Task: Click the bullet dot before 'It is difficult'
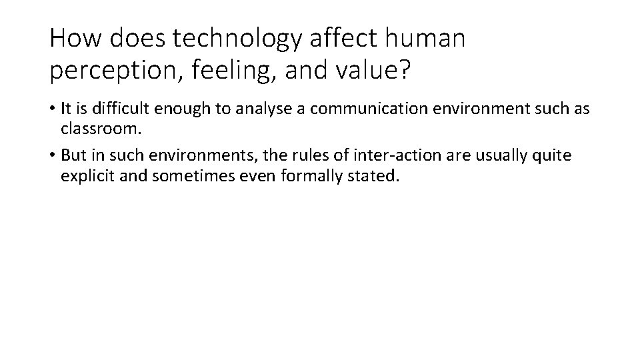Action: (x=52, y=109)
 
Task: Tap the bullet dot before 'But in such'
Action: (x=52, y=156)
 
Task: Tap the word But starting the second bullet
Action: (x=73, y=155)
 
